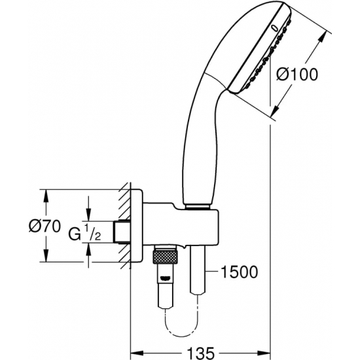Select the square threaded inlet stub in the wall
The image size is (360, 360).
pos(121,230)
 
